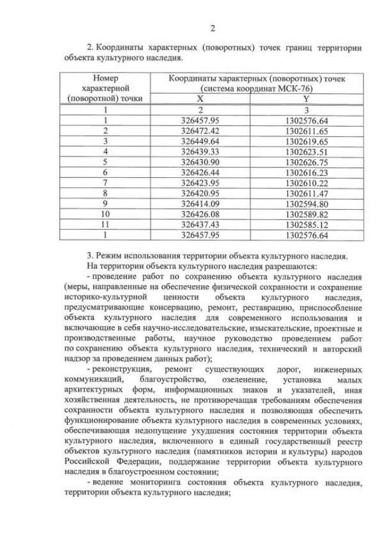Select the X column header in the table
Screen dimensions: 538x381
pyautogui.click(x=200, y=99)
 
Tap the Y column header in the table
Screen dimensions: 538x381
pyautogui.click(x=306, y=99)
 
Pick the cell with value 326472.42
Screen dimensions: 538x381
pyautogui.click(x=200, y=130)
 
